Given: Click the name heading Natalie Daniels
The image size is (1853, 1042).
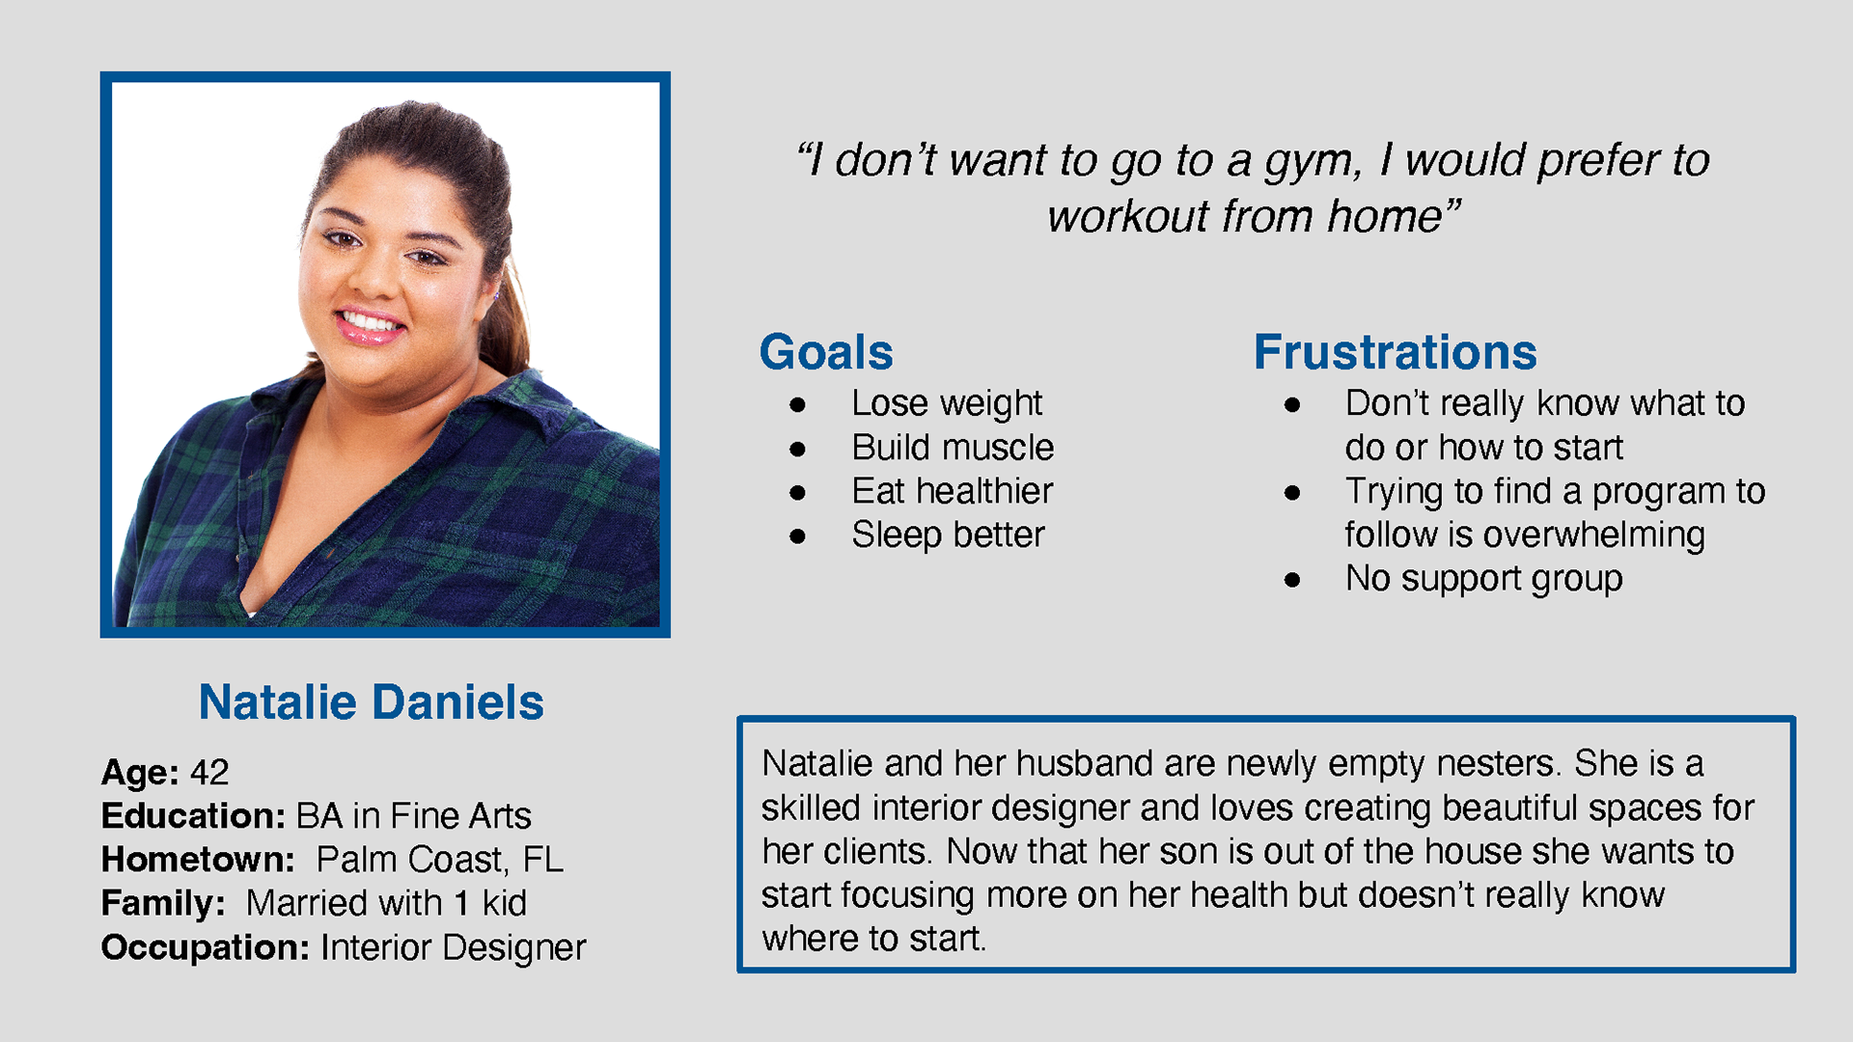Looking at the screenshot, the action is pos(371,701).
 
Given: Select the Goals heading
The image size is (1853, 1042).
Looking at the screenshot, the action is pos(826,352).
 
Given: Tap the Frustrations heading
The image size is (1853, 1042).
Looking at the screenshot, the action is pos(1395,352).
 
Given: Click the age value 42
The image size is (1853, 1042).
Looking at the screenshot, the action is pos(209,772).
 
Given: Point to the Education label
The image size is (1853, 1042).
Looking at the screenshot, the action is pos(193,815).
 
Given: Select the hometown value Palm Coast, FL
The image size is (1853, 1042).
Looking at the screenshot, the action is pos(440,860).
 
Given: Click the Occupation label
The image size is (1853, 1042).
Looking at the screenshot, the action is pos(206,947).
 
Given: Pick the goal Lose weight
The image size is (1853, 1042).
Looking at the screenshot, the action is pos(947,403).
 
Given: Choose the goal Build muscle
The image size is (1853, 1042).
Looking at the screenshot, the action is pos(953,448).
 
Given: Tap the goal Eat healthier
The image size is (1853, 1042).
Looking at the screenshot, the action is pos(952,491).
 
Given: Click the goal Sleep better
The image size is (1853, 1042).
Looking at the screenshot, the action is pos(948,535).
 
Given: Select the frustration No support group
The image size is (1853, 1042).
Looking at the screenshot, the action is pos(1483,579).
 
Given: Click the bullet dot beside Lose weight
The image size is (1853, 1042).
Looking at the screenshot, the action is pos(797,405).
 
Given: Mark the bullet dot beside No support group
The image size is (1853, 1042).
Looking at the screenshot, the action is pos(1292,580).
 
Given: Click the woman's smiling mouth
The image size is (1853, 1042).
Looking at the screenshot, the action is pos(370,323).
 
